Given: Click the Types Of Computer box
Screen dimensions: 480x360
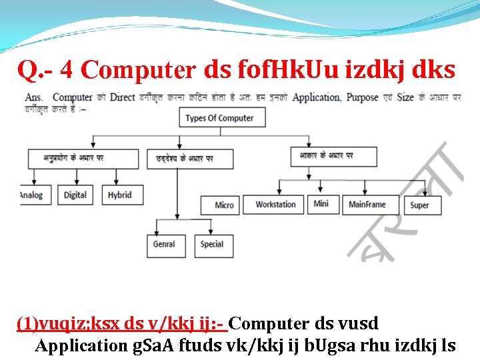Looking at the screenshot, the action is point(221,118).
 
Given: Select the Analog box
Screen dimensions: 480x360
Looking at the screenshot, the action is point(31,195).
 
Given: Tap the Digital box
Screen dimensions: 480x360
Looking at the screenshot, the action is point(75,195).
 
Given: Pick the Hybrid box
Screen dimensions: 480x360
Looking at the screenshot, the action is point(120,195).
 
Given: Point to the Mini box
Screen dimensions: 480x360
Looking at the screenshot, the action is point(321,203).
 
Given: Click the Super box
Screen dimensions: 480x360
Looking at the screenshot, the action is point(419,205).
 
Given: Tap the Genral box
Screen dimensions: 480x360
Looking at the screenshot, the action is point(164,245).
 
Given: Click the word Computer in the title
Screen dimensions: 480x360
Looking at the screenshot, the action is point(138,69).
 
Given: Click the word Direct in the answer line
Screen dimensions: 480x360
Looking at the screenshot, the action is point(122,97).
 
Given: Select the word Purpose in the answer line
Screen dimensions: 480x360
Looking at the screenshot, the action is point(363,97).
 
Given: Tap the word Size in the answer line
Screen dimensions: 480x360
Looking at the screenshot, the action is point(405,97).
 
